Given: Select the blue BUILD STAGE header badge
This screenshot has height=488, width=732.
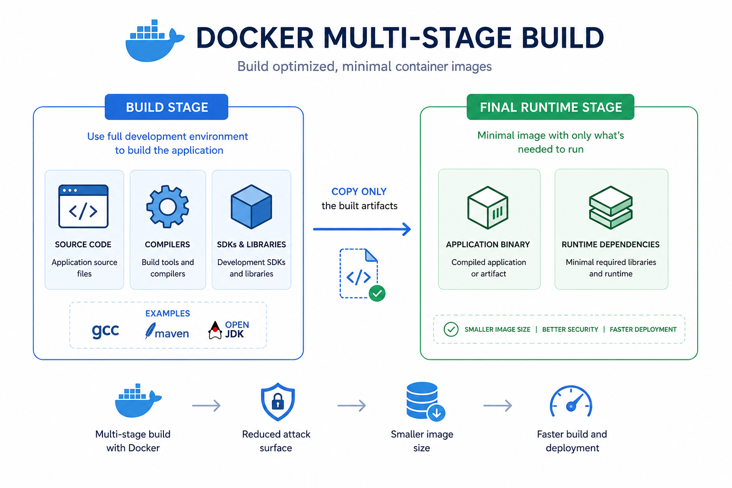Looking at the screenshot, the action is coord(166,107).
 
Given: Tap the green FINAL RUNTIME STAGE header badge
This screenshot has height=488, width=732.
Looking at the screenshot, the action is coord(550,107).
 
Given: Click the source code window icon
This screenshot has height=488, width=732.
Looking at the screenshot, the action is coord(83,206).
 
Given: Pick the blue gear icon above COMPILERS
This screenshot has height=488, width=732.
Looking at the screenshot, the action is coord(168,206).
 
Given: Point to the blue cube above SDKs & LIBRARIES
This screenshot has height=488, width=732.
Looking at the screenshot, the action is coord(251,206).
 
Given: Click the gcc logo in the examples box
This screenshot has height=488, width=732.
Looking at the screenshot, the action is coord(105,331).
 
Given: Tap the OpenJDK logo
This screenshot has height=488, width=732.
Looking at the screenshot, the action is coord(228,330).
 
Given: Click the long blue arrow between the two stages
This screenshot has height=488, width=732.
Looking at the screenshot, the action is coord(362,229).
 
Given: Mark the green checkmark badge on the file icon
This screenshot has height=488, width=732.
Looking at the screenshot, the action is coord(377,293).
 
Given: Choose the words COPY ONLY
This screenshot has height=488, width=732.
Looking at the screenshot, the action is coord(359,192).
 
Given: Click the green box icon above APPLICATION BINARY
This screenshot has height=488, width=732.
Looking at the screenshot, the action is coord(488,207).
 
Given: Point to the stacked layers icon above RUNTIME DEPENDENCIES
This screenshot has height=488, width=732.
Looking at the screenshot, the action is coord(611,207).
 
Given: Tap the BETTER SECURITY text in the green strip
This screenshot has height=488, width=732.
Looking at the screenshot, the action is coord(570,329).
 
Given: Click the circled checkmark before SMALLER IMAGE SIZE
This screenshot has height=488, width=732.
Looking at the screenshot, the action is coord(451,329).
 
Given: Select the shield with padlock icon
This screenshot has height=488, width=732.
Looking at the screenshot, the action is coord(278,402).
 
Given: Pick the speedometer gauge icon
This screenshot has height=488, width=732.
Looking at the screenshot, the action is coord(571,401).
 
